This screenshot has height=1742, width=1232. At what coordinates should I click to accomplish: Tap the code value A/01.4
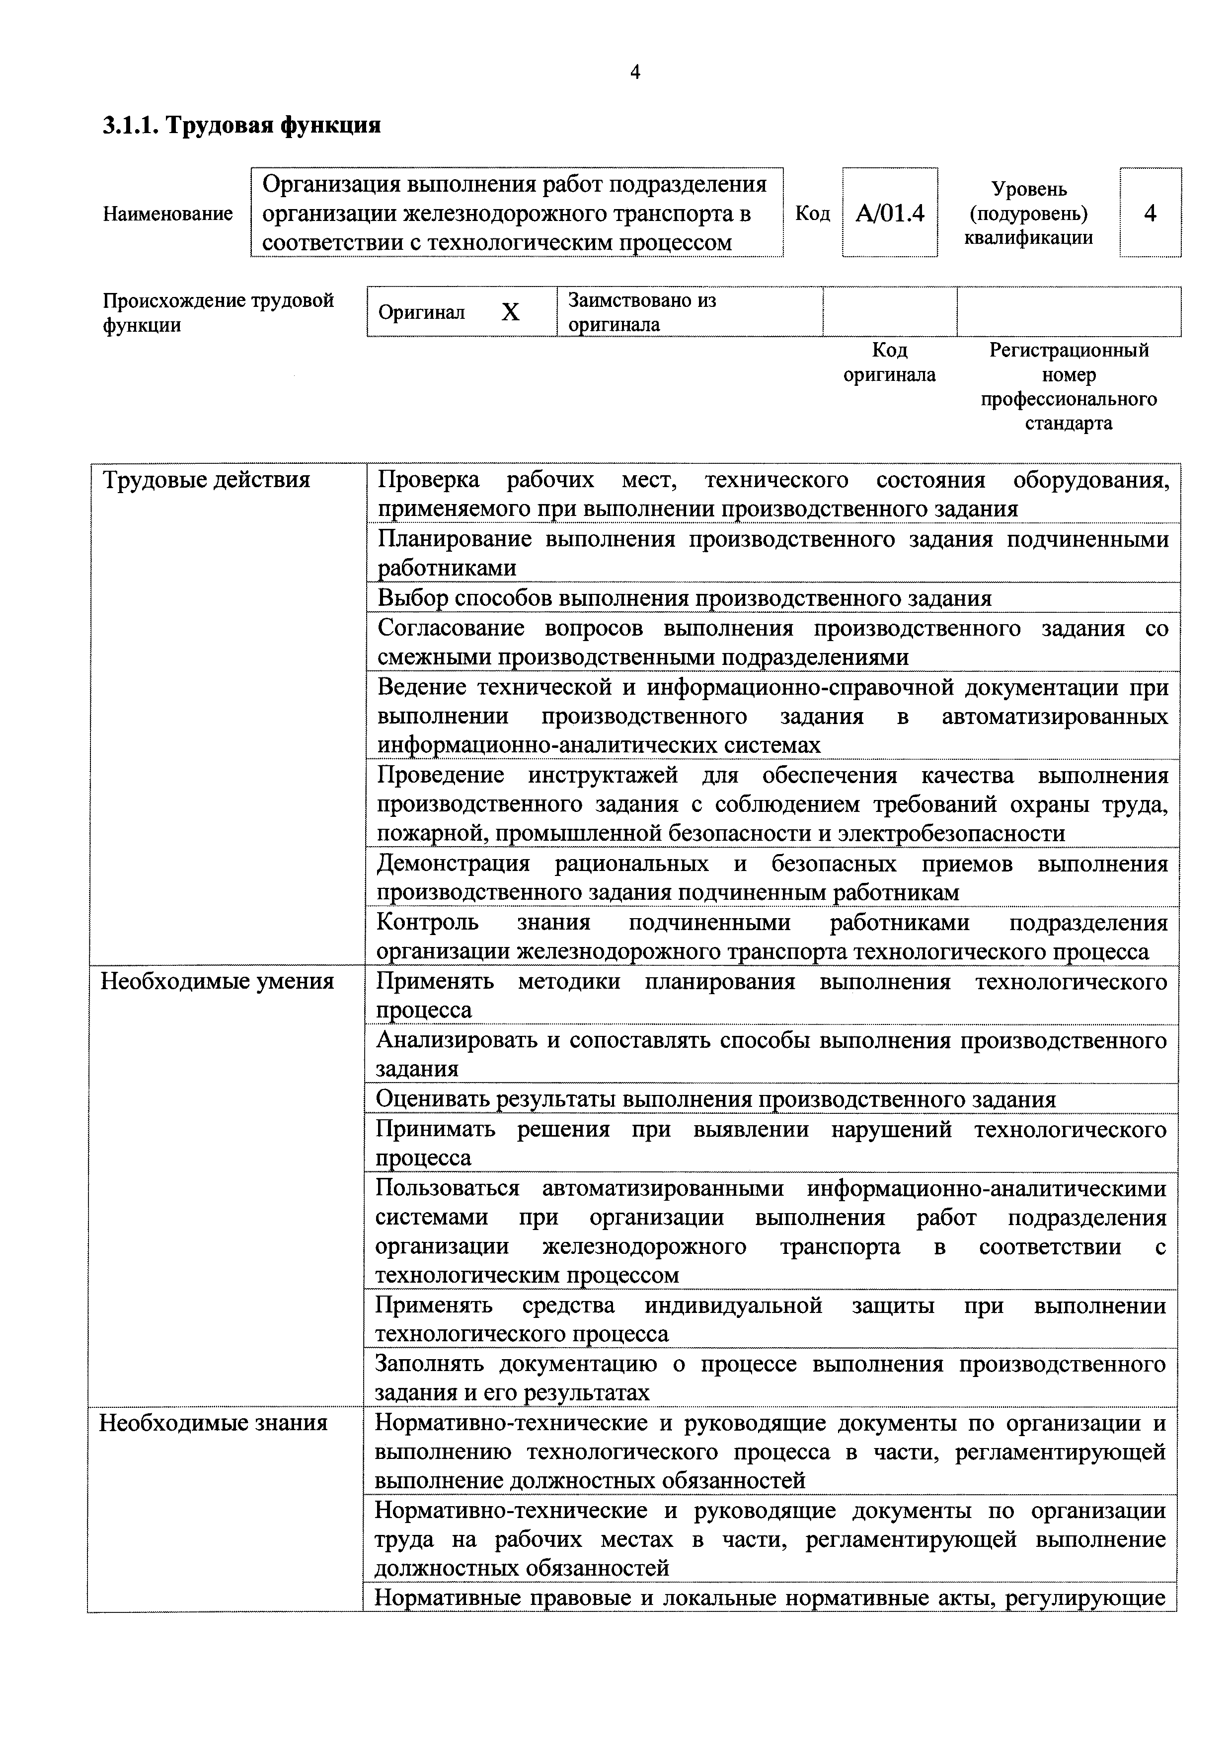[x=890, y=213]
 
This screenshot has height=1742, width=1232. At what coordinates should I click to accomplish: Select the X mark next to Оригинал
[x=510, y=312]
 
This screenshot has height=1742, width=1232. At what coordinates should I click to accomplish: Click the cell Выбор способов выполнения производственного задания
[x=684, y=598]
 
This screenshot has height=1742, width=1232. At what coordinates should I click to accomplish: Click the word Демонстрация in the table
[x=453, y=864]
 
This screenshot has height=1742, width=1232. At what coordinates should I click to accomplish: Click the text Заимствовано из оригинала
[x=641, y=312]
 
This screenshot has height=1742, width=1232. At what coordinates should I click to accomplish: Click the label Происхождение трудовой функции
[x=218, y=312]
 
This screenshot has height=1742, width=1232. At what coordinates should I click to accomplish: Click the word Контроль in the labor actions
[x=427, y=923]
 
